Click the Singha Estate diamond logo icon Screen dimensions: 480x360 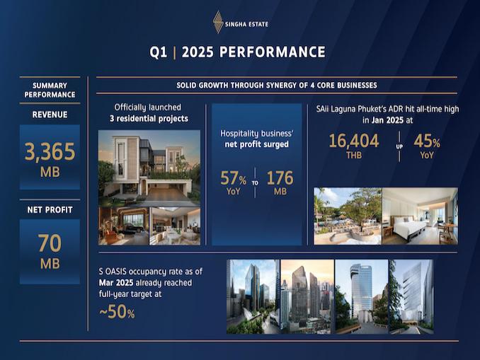point(217,22)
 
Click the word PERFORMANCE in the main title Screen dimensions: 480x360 point(272,52)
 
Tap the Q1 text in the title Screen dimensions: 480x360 point(159,52)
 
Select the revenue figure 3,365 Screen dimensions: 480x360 point(50,151)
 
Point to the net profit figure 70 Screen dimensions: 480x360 point(50,243)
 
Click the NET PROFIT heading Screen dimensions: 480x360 point(50,210)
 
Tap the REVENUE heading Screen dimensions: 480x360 point(50,115)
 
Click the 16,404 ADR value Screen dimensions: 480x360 point(354,141)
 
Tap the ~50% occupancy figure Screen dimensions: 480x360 point(117,312)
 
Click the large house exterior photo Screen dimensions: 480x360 point(149,168)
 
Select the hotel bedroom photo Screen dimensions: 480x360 point(420,216)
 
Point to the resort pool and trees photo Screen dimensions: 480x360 point(348,216)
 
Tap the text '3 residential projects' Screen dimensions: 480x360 point(149,119)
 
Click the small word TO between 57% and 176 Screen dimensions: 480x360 point(255,183)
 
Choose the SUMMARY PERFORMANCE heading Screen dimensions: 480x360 point(50,90)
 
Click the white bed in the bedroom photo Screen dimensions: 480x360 point(408,226)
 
